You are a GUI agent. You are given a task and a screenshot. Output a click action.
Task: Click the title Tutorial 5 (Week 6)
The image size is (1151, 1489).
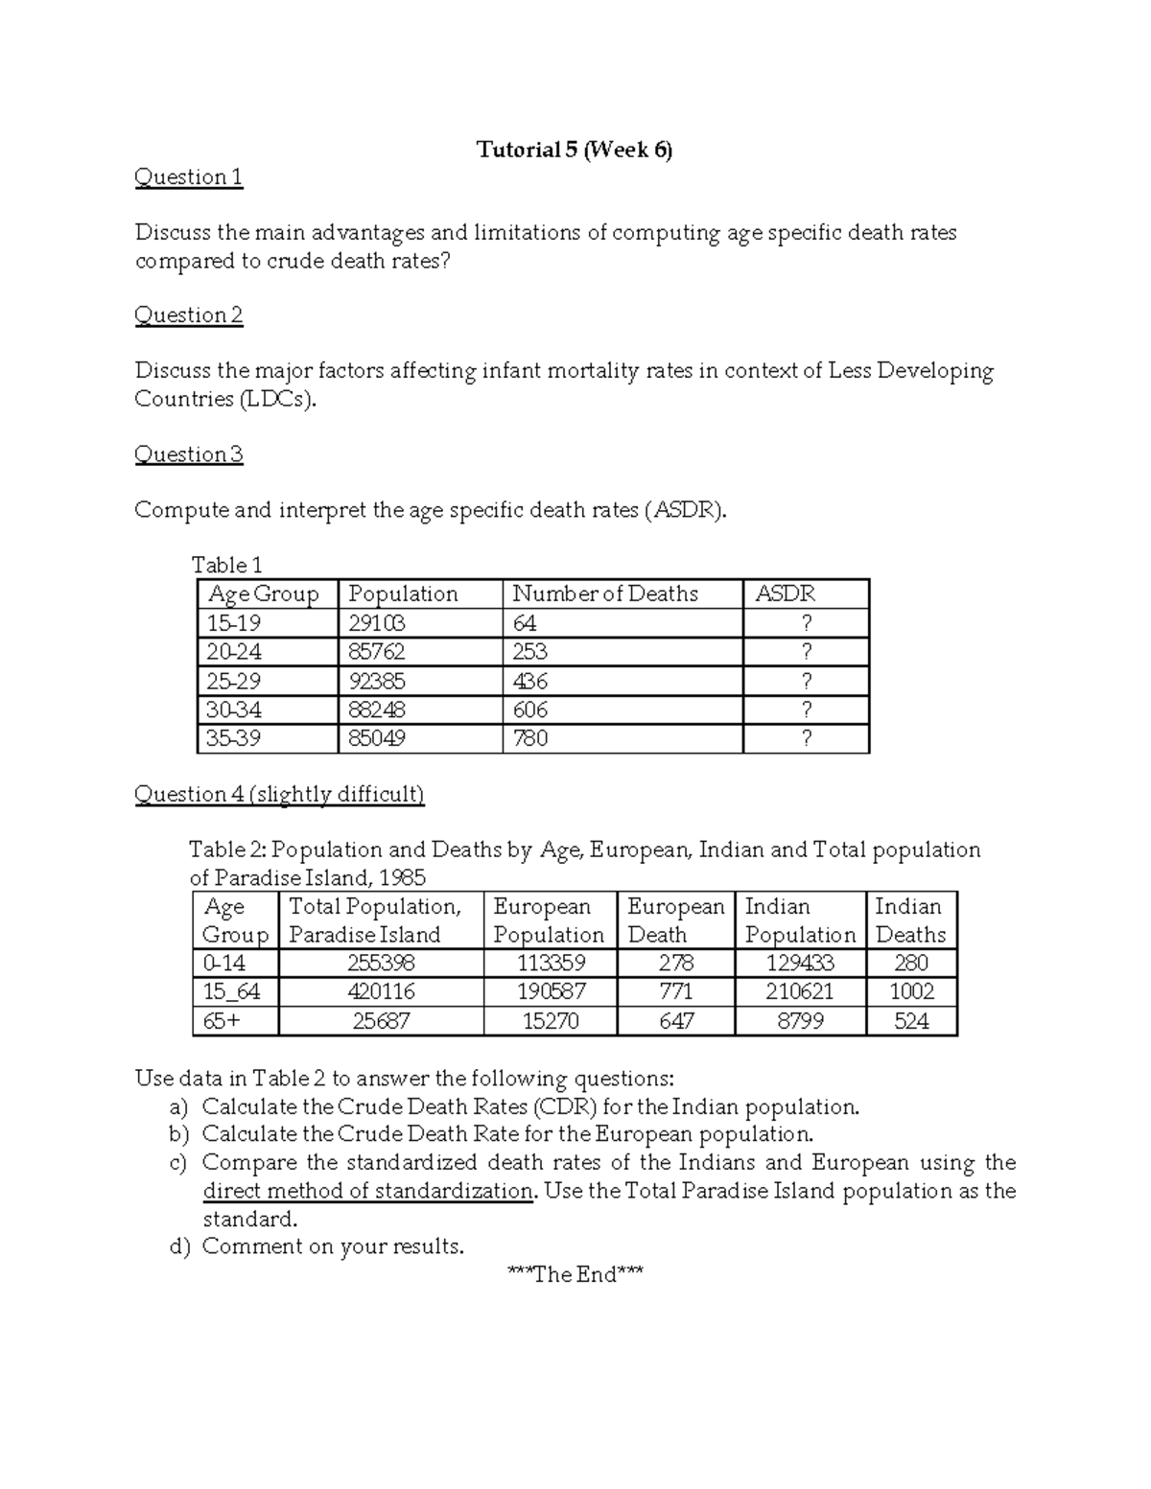[575, 150]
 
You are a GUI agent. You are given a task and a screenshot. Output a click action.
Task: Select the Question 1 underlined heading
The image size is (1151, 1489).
[188, 177]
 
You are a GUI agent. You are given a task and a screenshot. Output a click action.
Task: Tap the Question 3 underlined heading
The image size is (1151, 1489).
[188, 454]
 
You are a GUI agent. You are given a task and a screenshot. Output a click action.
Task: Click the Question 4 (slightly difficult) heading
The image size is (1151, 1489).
[279, 795]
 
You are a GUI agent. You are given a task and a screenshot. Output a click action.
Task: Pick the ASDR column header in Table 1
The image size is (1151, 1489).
[785, 594]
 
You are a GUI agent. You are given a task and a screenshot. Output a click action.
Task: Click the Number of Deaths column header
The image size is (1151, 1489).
[604, 594]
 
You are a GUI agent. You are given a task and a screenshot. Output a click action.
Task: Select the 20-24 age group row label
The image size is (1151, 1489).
[234, 653]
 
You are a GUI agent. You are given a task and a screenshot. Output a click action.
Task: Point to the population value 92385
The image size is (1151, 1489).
[376, 682]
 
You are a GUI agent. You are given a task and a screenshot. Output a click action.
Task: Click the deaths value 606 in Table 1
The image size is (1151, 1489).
[530, 710]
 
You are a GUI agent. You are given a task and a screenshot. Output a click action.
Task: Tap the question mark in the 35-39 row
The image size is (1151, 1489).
[806, 739]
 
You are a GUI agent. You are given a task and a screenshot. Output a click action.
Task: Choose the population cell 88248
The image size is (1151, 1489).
[376, 710]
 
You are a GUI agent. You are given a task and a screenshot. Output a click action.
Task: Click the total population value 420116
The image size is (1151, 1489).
[381, 992]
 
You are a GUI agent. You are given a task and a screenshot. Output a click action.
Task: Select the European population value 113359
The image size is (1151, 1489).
[551, 964]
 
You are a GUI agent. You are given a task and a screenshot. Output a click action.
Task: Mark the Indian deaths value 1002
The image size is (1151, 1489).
[911, 992]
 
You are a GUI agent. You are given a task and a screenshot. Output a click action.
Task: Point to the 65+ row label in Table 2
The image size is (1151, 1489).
[222, 1022]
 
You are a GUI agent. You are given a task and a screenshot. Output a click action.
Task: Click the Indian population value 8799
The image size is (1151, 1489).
[800, 1022]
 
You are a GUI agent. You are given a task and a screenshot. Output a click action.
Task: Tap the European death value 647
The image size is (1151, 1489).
[676, 1022]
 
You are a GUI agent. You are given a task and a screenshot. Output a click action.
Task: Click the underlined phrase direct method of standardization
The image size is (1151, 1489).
[367, 1192]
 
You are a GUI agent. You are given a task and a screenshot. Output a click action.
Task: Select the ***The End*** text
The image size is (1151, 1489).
[575, 1275]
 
